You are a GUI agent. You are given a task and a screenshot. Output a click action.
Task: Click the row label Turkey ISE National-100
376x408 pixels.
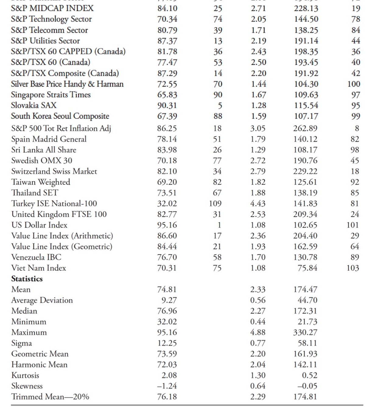(x=54, y=204)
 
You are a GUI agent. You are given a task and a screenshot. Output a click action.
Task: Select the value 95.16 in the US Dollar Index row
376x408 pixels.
(x=167, y=225)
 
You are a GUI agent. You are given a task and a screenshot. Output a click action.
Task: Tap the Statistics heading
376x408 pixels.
(x=27, y=279)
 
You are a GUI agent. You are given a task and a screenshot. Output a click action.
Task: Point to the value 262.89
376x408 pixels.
(x=305, y=129)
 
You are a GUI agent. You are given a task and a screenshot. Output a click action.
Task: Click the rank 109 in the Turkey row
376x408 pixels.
(x=215, y=204)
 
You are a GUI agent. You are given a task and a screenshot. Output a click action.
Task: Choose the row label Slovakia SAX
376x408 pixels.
(x=33, y=105)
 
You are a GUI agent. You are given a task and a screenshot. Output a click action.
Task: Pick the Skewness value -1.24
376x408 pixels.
(x=167, y=386)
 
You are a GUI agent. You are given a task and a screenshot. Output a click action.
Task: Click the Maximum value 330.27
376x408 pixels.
(x=305, y=332)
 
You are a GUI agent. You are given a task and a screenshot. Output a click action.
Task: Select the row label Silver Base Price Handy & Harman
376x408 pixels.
(x=67, y=84)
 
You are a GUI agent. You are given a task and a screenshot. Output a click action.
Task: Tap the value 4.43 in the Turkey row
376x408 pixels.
(x=258, y=204)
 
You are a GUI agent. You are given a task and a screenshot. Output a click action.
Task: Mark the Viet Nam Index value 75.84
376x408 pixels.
(x=307, y=268)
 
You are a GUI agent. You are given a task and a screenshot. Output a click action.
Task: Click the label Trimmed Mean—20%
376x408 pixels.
(x=50, y=397)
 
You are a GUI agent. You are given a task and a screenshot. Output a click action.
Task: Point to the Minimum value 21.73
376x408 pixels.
(x=307, y=322)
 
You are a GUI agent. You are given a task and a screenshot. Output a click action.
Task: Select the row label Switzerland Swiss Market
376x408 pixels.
(x=54, y=172)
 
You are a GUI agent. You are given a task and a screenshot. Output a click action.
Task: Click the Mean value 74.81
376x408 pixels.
(x=167, y=289)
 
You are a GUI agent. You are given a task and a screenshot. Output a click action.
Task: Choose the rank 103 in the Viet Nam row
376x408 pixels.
(x=353, y=268)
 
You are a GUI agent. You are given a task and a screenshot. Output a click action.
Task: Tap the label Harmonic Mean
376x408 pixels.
(x=39, y=365)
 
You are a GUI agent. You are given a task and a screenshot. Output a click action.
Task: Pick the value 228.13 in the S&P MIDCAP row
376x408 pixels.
(x=306, y=8)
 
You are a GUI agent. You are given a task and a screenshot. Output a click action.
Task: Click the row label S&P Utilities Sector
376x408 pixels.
(x=45, y=41)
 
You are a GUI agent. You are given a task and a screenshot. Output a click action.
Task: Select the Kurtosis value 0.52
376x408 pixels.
(x=309, y=375)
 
